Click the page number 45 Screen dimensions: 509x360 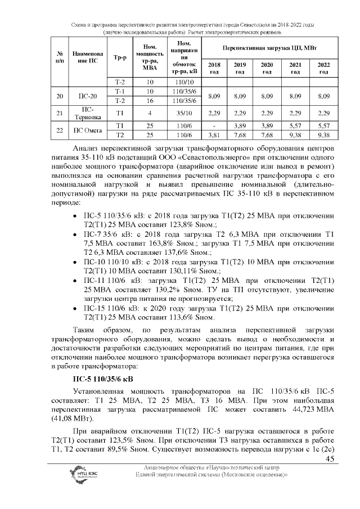coord(330,460)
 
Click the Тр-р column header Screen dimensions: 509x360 coord(119,57)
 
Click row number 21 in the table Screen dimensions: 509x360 coord(59,113)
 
